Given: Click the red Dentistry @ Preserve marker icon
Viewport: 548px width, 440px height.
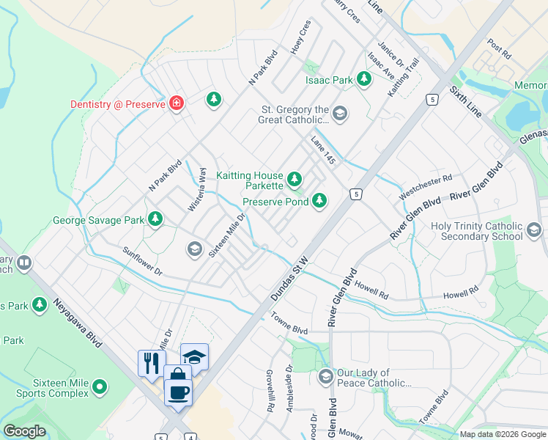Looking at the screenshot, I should tap(176, 103).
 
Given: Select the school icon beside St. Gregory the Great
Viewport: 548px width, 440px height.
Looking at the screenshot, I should tap(338, 114).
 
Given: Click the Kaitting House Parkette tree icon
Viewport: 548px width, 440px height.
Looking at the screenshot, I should tap(295, 178).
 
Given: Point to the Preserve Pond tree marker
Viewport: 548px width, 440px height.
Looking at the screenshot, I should tap(319, 200).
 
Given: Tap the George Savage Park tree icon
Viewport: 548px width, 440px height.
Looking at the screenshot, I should tap(155, 219).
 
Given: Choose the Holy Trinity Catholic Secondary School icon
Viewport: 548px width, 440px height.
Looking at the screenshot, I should tap(533, 232).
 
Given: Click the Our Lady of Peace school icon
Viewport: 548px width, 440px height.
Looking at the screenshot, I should tap(326, 377).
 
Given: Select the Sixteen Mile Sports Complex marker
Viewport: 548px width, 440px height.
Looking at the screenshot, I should tap(100, 386).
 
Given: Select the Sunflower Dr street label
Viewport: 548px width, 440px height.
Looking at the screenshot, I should tap(143, 260).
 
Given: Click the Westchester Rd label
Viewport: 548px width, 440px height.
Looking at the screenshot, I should tap(426, 187).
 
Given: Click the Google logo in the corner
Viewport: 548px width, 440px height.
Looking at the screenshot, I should tap(24, 430).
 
